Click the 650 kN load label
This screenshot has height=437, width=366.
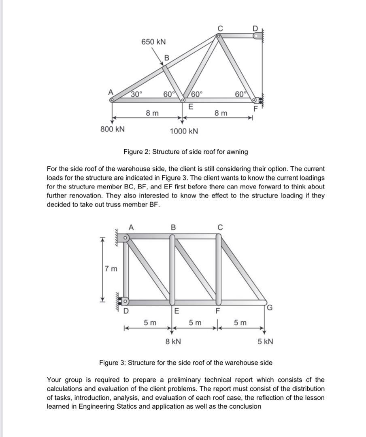point(153,42)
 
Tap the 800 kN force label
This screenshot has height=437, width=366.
point(112,129)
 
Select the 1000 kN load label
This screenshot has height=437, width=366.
point(184,131)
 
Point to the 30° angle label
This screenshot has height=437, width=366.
point(136,94)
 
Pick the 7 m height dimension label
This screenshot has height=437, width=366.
point(110,268)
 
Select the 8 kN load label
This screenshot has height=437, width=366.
point(173,342)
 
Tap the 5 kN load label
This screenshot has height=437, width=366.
point(265,342)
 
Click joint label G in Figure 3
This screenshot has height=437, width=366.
point(270,309)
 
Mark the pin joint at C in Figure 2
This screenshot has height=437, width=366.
point(218,36)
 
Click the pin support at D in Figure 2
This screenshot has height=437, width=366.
point(257,36)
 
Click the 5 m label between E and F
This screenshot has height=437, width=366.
point(196,322)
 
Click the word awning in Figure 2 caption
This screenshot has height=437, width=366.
point(236,152)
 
